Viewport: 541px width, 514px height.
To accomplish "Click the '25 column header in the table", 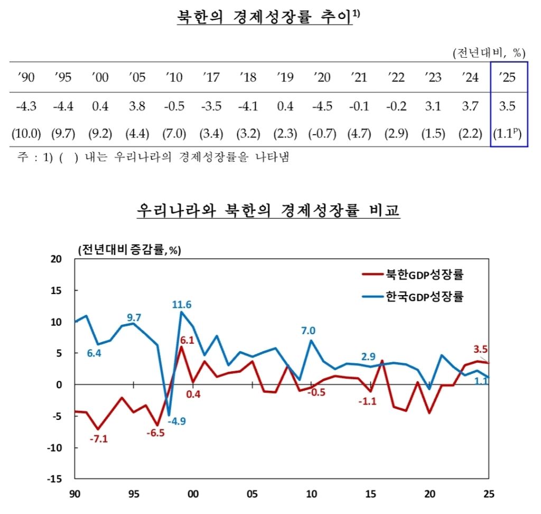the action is point(507,77).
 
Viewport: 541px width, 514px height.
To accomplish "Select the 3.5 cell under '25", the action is point(507,106).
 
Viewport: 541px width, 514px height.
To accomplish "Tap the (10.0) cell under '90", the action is point(26,133).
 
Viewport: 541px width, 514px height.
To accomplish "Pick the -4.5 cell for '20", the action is point(322,106).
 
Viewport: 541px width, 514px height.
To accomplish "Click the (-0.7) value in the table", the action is point(322,133).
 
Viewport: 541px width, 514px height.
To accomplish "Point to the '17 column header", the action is point(211,77).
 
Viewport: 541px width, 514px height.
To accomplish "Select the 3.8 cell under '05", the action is point(137,106).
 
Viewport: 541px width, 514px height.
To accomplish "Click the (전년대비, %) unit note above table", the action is point(489,53).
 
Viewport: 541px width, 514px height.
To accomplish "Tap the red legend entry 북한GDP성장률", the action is point(413,274).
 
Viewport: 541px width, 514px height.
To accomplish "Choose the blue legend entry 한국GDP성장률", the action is point(413,296).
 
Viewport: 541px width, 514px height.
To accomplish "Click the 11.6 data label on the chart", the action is point(182,304).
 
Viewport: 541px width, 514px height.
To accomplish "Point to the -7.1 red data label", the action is point(99,439).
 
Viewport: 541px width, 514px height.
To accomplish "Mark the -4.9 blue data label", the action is point(176,421).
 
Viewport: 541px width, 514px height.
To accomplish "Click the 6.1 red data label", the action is point(187,340).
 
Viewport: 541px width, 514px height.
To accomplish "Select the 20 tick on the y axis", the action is point(56,259).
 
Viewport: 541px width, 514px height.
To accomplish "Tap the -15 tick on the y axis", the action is point(54,479).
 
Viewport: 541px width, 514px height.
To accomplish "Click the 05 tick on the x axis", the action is point(252,494).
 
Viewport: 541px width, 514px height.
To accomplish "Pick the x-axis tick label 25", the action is point(489,494).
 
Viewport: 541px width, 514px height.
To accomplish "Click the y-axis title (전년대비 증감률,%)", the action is point(129,250).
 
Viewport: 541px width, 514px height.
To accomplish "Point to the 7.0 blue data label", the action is point(308,331).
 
